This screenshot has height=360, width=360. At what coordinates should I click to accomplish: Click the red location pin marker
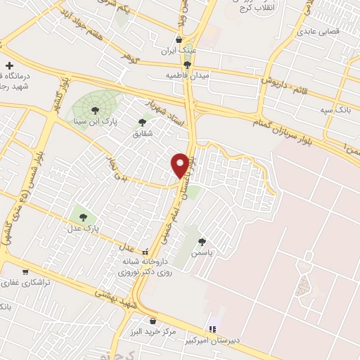pos(181,165)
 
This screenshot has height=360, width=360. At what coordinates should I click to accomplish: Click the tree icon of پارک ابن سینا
pos(95,109)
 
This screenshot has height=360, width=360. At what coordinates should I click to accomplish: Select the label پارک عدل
pos(83,229)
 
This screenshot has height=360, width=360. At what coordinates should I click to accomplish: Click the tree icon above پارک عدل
pos(83,217)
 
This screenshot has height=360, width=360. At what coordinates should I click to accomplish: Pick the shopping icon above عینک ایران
pos(180,39)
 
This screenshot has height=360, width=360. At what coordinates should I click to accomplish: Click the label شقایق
pos(143,134)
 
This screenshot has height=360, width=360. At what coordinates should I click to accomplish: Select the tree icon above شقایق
pos(143,122)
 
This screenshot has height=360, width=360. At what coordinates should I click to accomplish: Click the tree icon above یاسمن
pos(202,241)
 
